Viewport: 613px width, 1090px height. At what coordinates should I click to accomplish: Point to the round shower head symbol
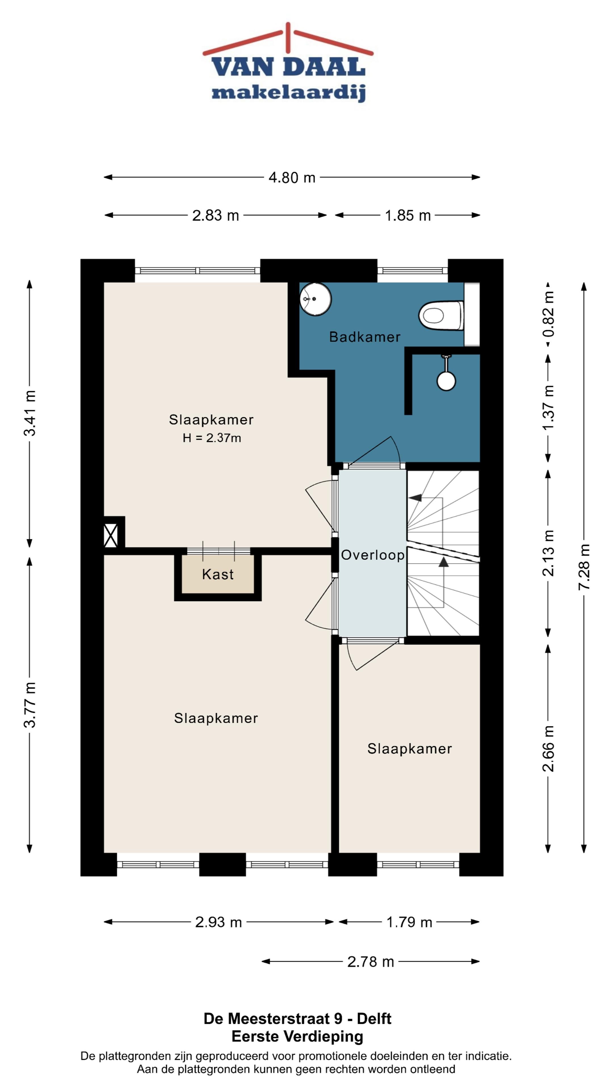[446, 380]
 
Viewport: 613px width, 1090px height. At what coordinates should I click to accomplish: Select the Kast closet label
[218, 574]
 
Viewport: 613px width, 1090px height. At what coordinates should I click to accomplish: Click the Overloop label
[373, 555]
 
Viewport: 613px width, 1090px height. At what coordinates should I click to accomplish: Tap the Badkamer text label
[365, 337]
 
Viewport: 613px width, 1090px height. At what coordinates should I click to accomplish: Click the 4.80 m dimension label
[292, 177]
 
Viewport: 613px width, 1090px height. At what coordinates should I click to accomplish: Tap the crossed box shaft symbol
[111, 535]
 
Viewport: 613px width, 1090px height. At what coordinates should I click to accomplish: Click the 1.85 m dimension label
[408, 215]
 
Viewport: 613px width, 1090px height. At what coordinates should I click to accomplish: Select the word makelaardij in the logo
[289, 93]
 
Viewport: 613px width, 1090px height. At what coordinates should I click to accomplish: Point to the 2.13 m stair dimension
[548, 553]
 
